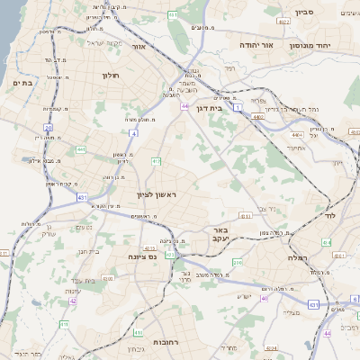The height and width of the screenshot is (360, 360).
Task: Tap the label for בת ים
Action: click(22, 83)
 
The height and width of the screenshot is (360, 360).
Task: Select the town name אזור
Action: click(139, 46)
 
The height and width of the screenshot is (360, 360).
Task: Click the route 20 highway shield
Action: click(48, 129)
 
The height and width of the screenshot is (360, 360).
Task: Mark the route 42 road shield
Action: click(72, 301)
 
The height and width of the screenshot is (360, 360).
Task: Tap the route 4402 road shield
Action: click(260, 115)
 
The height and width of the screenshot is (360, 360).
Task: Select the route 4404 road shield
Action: click(347, 133)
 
